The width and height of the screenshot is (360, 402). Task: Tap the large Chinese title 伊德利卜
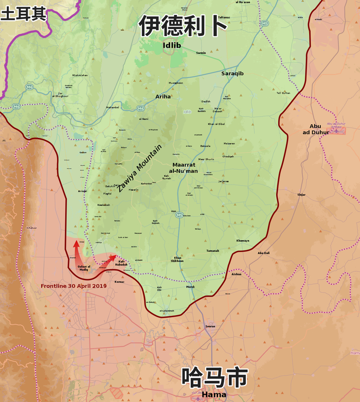pyautogui.click(x=183, y=26)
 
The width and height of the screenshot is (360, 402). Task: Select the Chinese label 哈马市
pyautogui.click(x=214, y=378)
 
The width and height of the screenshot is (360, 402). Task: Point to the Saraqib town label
pyautogui.click(x=232, y=74)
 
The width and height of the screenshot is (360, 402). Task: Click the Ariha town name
pyautogui.click(x=163, y=96)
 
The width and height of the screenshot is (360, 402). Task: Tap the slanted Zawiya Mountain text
pyautogui.click(x=139, y=168)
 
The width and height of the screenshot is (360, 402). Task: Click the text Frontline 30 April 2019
pyautogui.click(x=74, y=285)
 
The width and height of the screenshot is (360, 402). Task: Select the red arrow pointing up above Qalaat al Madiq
pyautogui.click(x=76, y=245)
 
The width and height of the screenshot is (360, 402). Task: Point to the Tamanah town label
pyautogui.click(x=212, y=250)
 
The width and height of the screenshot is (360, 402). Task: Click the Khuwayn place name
pyautogui.click(x=243, y=241)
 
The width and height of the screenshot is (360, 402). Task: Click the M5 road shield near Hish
pyautogui.click(x=179, y=214)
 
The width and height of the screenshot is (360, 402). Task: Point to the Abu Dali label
pyautogui.click(x=263, y=253)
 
